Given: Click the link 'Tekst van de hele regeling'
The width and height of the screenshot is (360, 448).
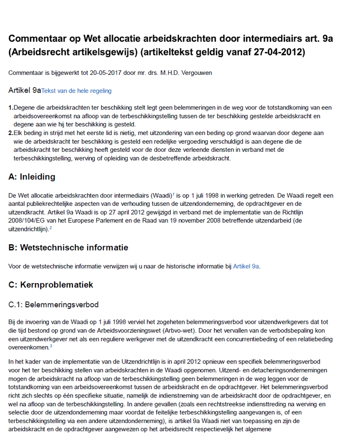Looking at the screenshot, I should click(x=76, y=91).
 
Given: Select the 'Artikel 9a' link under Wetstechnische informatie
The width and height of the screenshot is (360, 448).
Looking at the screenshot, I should click(x=246, y=266).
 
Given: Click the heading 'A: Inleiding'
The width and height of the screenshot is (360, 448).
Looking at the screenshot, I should click(x=32, y=177).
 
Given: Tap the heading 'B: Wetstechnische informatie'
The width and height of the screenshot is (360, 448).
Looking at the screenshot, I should click(x=68, y=248).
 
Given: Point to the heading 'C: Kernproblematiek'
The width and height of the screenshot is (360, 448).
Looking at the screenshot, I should click(x=51, y=284).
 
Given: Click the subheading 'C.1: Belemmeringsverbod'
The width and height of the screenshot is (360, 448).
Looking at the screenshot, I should click(x=54, y=305).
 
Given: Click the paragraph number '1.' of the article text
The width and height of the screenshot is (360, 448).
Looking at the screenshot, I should click(x=11, y=108).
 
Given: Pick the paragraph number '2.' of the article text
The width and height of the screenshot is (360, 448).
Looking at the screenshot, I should click(x=11, y=133).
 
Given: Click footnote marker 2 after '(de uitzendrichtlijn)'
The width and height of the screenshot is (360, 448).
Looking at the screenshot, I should click(x=50, y=228).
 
